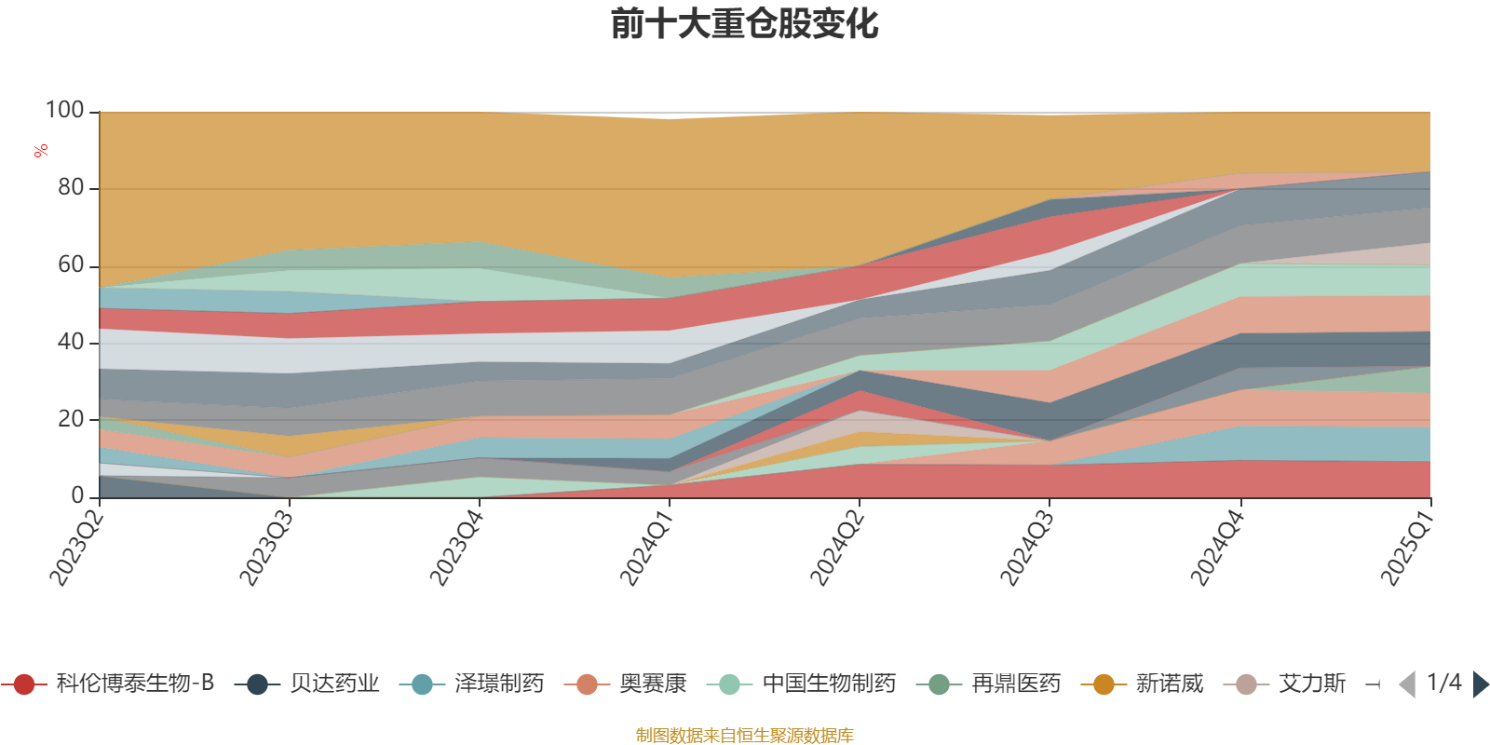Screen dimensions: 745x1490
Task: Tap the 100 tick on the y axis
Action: (65, 111)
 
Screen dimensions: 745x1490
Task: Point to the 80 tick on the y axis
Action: (70, 188)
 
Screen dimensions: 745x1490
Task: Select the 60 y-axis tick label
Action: (70, 265)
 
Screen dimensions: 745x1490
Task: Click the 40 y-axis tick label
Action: (70, 343)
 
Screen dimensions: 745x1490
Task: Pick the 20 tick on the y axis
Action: (70, 420)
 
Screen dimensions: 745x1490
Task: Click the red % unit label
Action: (41, 151)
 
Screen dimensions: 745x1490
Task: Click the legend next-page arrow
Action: (1480, 684)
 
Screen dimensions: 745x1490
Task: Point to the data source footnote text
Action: (745, 736)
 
